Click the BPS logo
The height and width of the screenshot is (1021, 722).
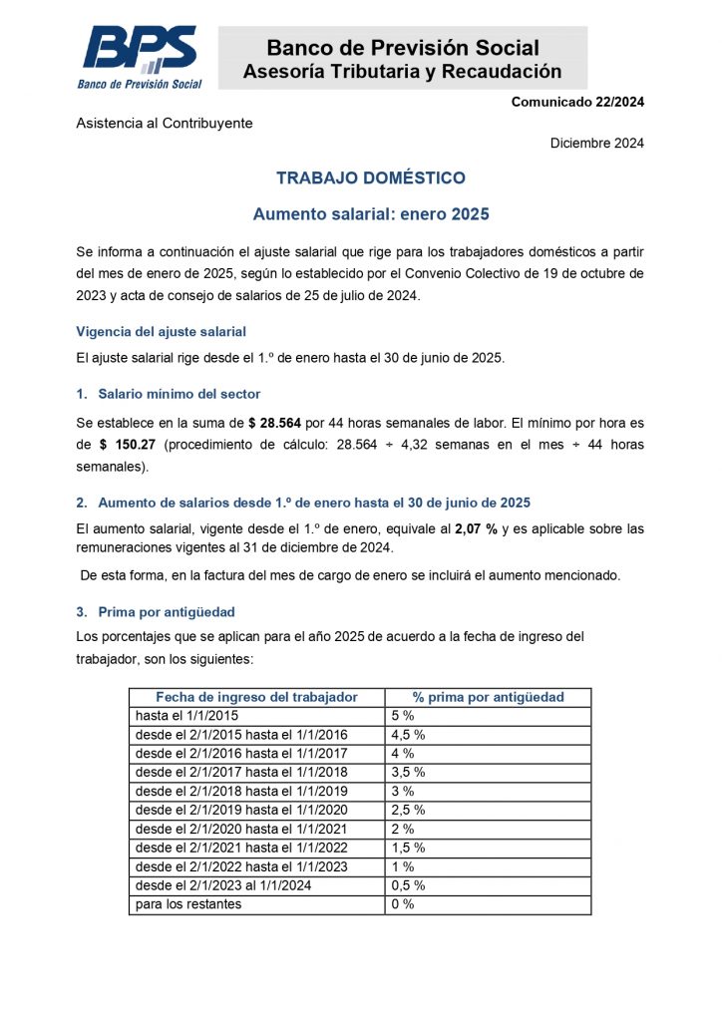(x=139, y=57)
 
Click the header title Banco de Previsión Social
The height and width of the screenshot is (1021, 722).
(x=403, y=47)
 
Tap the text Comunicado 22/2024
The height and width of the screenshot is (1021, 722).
(x=577, y=102)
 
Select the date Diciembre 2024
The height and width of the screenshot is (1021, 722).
(x=596, y=143)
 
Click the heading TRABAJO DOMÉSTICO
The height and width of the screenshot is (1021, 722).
(x=371, y=178)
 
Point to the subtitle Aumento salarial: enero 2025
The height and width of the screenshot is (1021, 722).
(x=371, y=213)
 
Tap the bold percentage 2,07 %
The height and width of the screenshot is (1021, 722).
(x=476, y=527)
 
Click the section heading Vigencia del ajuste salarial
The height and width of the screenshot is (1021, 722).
(x=161, y=331)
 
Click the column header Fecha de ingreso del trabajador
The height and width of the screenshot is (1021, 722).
(x=256, y=697)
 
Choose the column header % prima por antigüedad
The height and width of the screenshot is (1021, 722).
(x=488, y=697)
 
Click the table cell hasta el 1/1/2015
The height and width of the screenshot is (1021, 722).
(x=186, y=716)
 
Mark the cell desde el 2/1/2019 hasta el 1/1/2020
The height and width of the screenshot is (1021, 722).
(x=241, y=810)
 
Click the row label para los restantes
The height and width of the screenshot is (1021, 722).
(x=188, y=904)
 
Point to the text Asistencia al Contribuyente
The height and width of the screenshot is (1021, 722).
(x=165, y=123)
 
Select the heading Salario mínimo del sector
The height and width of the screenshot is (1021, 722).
(x=179, y=394)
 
